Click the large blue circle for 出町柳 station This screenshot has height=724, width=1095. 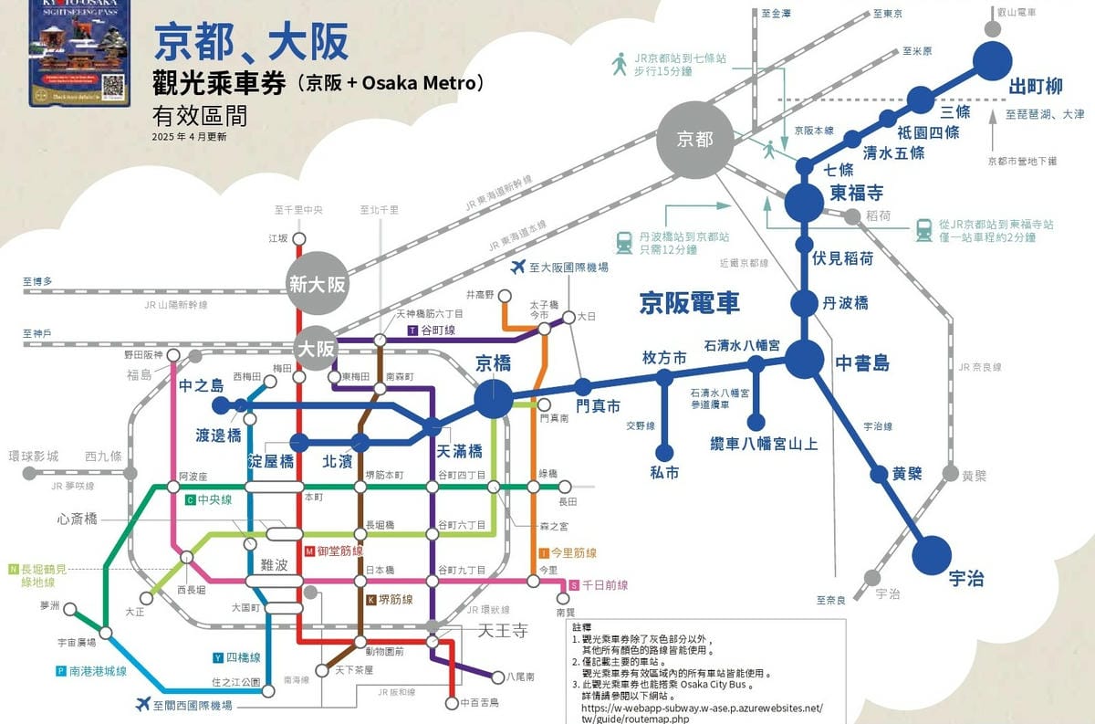point(994,62)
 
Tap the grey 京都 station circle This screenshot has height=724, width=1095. point(694,139)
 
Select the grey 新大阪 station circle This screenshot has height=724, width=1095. point(318,283)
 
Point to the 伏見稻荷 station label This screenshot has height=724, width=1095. point(842,258)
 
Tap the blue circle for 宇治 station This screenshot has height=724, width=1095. point(933,553)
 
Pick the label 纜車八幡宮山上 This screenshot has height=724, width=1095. point(764,445)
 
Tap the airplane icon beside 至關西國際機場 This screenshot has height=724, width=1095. point(142,704)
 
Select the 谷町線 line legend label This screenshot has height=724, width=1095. point(436,329)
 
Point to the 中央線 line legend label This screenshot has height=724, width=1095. point(214,500)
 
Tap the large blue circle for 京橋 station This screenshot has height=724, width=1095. point(493,399)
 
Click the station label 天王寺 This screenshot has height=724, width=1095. point(503,630)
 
